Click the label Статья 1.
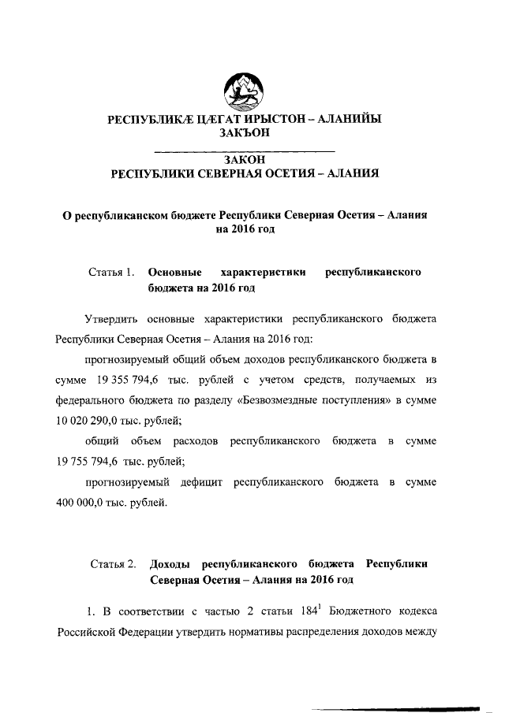coord(111,273)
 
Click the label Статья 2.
coord(113,564)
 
